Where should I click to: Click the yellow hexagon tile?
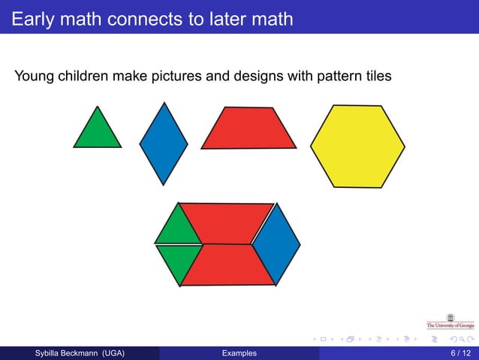[357, 145]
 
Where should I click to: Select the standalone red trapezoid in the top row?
[249, 129]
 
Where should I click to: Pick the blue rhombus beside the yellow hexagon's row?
[164, 142]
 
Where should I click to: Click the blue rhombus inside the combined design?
[276, 243]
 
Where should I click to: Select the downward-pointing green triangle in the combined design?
[179, 261]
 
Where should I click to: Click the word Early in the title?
[32, 19]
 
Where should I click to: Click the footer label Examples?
[239, 353]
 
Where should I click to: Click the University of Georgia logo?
[450, 322]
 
